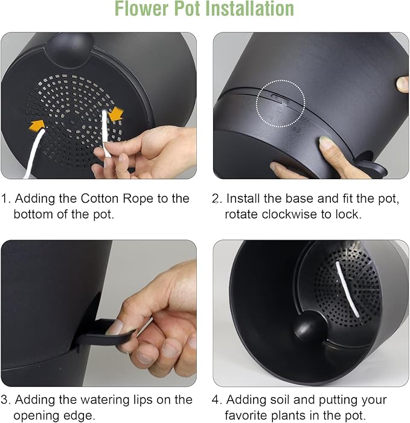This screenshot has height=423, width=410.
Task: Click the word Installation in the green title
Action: point(249,8)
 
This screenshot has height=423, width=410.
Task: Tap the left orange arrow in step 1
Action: point(37,125)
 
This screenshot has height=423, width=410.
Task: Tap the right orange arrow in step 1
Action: point(117,114)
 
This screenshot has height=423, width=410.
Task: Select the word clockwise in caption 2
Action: point(289,214)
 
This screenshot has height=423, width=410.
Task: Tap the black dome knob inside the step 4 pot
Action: point(310,326)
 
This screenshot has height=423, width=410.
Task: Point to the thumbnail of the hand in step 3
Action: point(115,326)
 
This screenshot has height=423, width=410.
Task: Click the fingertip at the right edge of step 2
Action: point(402,84)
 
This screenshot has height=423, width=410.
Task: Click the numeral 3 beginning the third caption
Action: point(4,400)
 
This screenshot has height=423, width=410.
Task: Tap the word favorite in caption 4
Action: point(246,415)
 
